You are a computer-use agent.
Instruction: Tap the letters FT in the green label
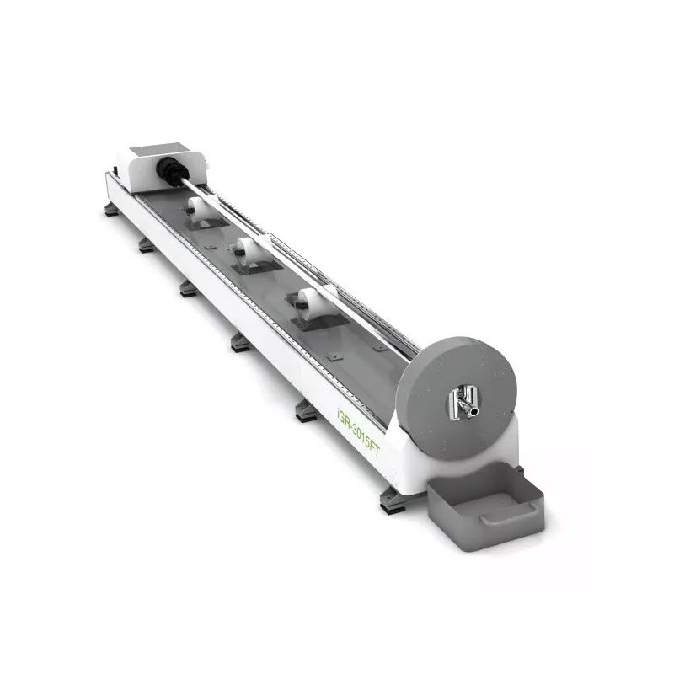click(x=373, y=449)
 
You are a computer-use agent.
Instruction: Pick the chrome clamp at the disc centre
click(x=461, y=402)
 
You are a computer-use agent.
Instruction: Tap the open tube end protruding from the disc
click(x=473, y=412)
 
